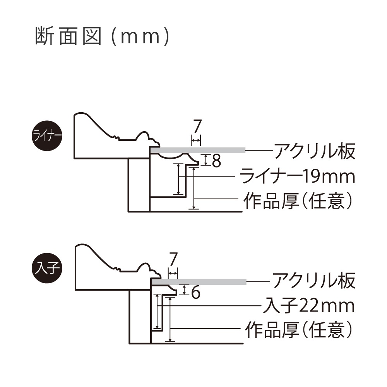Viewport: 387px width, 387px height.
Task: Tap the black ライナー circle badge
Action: (46, 137)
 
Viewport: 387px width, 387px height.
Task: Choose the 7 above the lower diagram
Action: (173, 259)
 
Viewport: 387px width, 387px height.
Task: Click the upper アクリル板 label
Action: (314, 151)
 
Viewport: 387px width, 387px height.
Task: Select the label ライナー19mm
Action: (297, 176)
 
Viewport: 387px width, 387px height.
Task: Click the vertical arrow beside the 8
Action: (206, 159)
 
